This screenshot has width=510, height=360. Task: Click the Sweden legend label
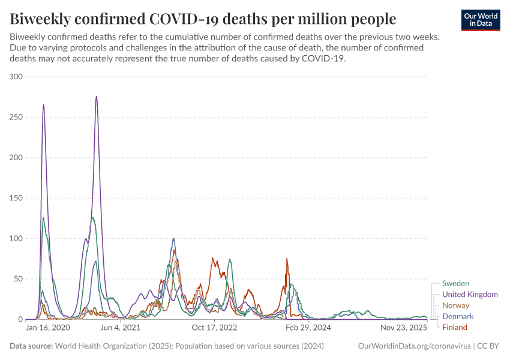point(455,283)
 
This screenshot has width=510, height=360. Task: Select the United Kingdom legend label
point(470,295)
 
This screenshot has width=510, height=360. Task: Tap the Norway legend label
point(455,305)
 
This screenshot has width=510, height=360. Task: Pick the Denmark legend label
point(458,316)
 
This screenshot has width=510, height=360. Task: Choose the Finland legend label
point(454,327)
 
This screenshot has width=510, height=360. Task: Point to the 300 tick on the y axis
point(16,77)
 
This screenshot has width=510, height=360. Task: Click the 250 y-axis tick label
point(16,117)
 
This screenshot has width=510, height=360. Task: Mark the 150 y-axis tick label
point(16,198)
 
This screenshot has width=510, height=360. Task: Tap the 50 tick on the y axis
point(18,279)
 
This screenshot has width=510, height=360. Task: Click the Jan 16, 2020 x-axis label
point(48,328)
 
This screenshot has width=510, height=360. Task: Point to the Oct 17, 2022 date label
point(214,328)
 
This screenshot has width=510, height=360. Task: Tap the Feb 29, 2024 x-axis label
point(308,328)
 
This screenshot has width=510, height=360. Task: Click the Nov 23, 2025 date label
point(403,328)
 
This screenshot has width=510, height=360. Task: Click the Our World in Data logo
point(481,20)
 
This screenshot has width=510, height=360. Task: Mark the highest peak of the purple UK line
point(96,97)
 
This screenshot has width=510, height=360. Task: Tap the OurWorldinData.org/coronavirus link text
point(413,346)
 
